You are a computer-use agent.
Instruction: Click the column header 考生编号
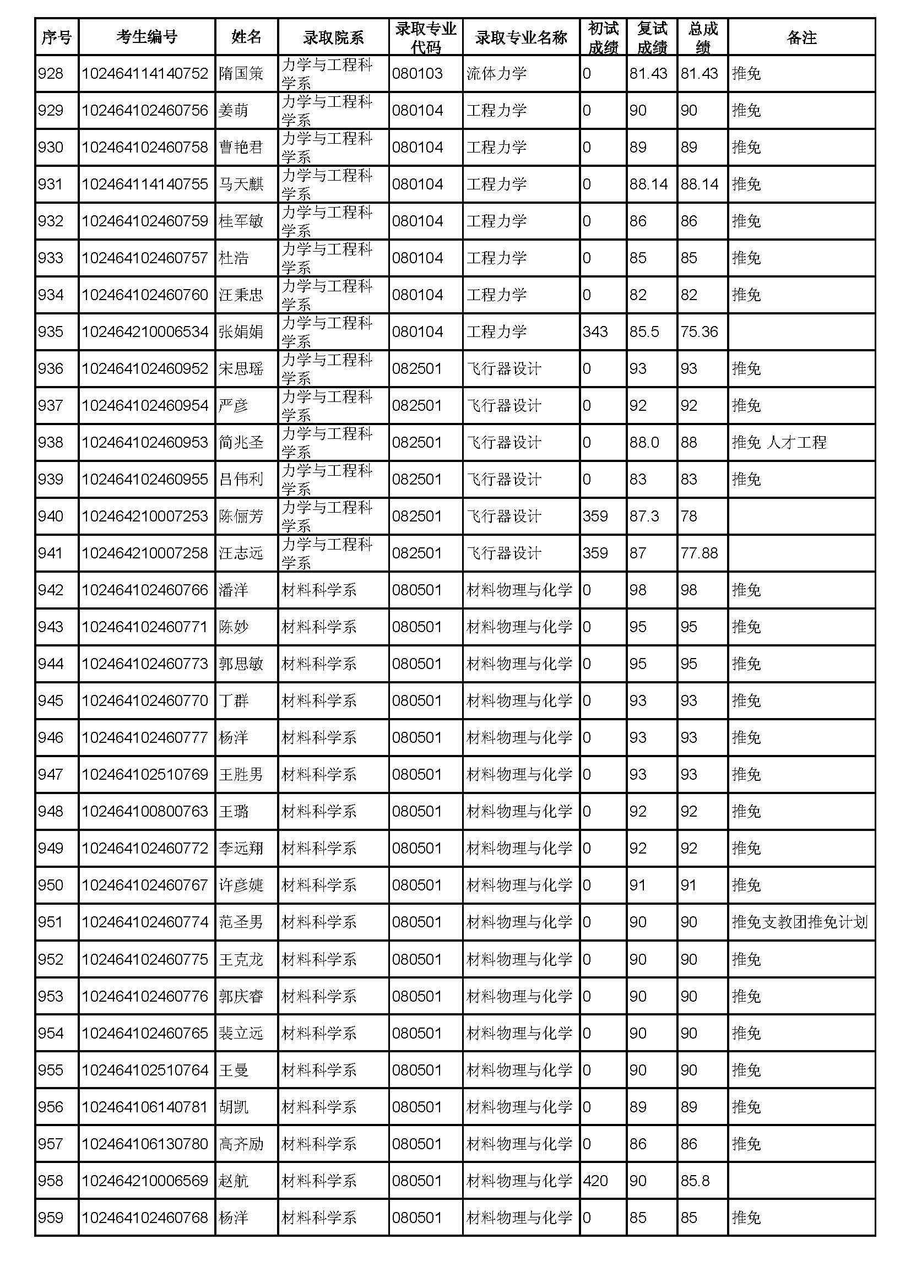147,37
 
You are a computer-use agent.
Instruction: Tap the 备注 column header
801,37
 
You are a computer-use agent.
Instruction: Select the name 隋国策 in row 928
241,73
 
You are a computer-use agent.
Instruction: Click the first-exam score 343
595,331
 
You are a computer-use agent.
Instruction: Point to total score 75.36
699,331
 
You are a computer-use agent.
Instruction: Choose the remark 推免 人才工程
779,443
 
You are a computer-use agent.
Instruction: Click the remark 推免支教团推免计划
800,922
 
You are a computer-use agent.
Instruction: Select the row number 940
51,516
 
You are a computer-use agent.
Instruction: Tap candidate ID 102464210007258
145,553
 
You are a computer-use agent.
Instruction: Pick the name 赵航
234,1181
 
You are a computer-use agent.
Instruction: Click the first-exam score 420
595,1181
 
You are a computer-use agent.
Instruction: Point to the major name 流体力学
496,73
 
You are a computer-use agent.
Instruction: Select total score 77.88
699,553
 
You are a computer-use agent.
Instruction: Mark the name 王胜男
241,775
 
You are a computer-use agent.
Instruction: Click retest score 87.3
644,516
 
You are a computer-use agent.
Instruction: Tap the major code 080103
417,73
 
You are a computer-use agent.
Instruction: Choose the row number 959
51,1218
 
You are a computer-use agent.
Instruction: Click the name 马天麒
241,184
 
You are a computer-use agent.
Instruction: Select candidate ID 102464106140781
145,1107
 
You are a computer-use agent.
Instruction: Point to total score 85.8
695,1181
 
